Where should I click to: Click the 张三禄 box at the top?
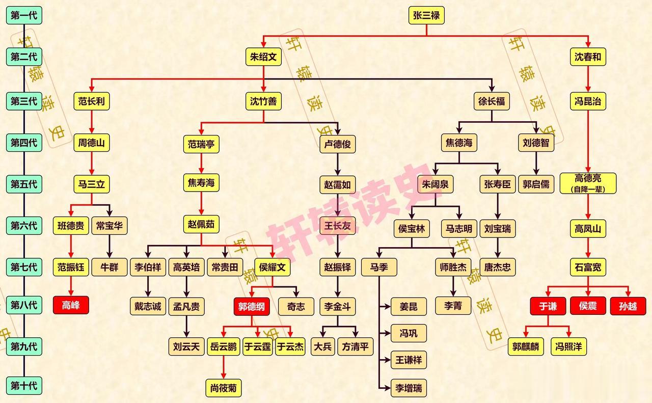coord(426,15)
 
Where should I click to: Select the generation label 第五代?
coord(24,184)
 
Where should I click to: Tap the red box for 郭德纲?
coord(252,306)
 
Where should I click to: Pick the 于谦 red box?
coord(548,306)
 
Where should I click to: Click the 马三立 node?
coord(92,184)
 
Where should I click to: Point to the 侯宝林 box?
coord(412,229)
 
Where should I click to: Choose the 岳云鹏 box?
coord(224,346)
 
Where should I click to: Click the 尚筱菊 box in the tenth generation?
coord(224,388)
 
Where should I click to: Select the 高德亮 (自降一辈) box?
coord(588,183)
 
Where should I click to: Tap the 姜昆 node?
coord(409,306)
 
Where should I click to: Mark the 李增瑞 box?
coord(409,388)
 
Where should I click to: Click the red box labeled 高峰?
coord(71,305)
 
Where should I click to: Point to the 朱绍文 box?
coord(263,57)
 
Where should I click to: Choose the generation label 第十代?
coord(24,386)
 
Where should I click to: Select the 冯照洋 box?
coord(568,346)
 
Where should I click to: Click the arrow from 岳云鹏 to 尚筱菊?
coord(224,367)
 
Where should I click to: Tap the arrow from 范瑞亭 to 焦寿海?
coord(201,164)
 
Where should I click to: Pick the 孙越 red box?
coord(628,306)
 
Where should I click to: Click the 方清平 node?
coord(356,346)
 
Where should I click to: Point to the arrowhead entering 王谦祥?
coord(388,360)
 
